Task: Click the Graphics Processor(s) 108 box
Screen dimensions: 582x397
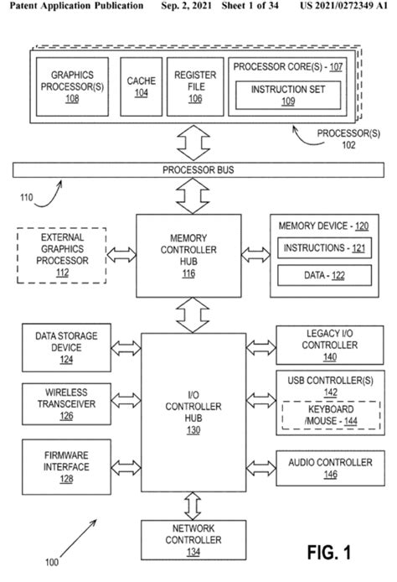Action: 71,87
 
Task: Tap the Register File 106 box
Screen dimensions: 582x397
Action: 189,87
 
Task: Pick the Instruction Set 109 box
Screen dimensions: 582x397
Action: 287,94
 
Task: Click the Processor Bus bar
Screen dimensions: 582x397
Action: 198,170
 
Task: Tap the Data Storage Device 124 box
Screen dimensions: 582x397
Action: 65,348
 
